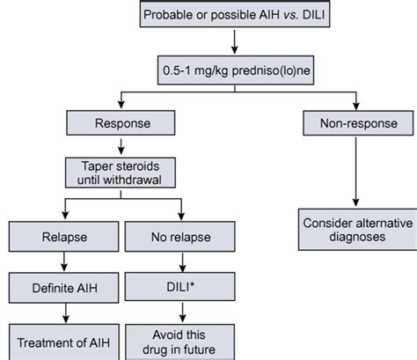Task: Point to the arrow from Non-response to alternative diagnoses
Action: [355, 173]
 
